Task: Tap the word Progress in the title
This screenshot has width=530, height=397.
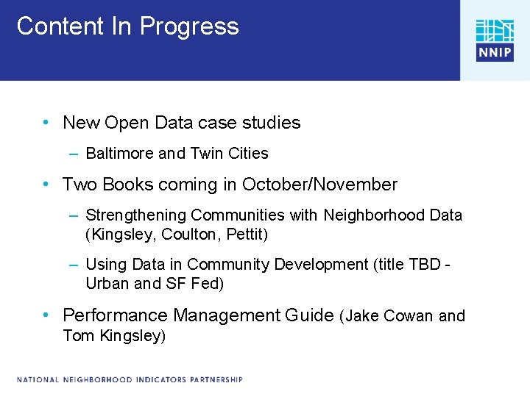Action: coord(190,27)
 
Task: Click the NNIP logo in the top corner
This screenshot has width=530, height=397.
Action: coord(495,40)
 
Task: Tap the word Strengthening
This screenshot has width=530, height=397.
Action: coord(136,215)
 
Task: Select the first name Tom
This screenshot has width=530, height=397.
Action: coord(77,336)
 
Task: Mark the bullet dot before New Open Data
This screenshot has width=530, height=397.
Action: coord(46,122)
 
